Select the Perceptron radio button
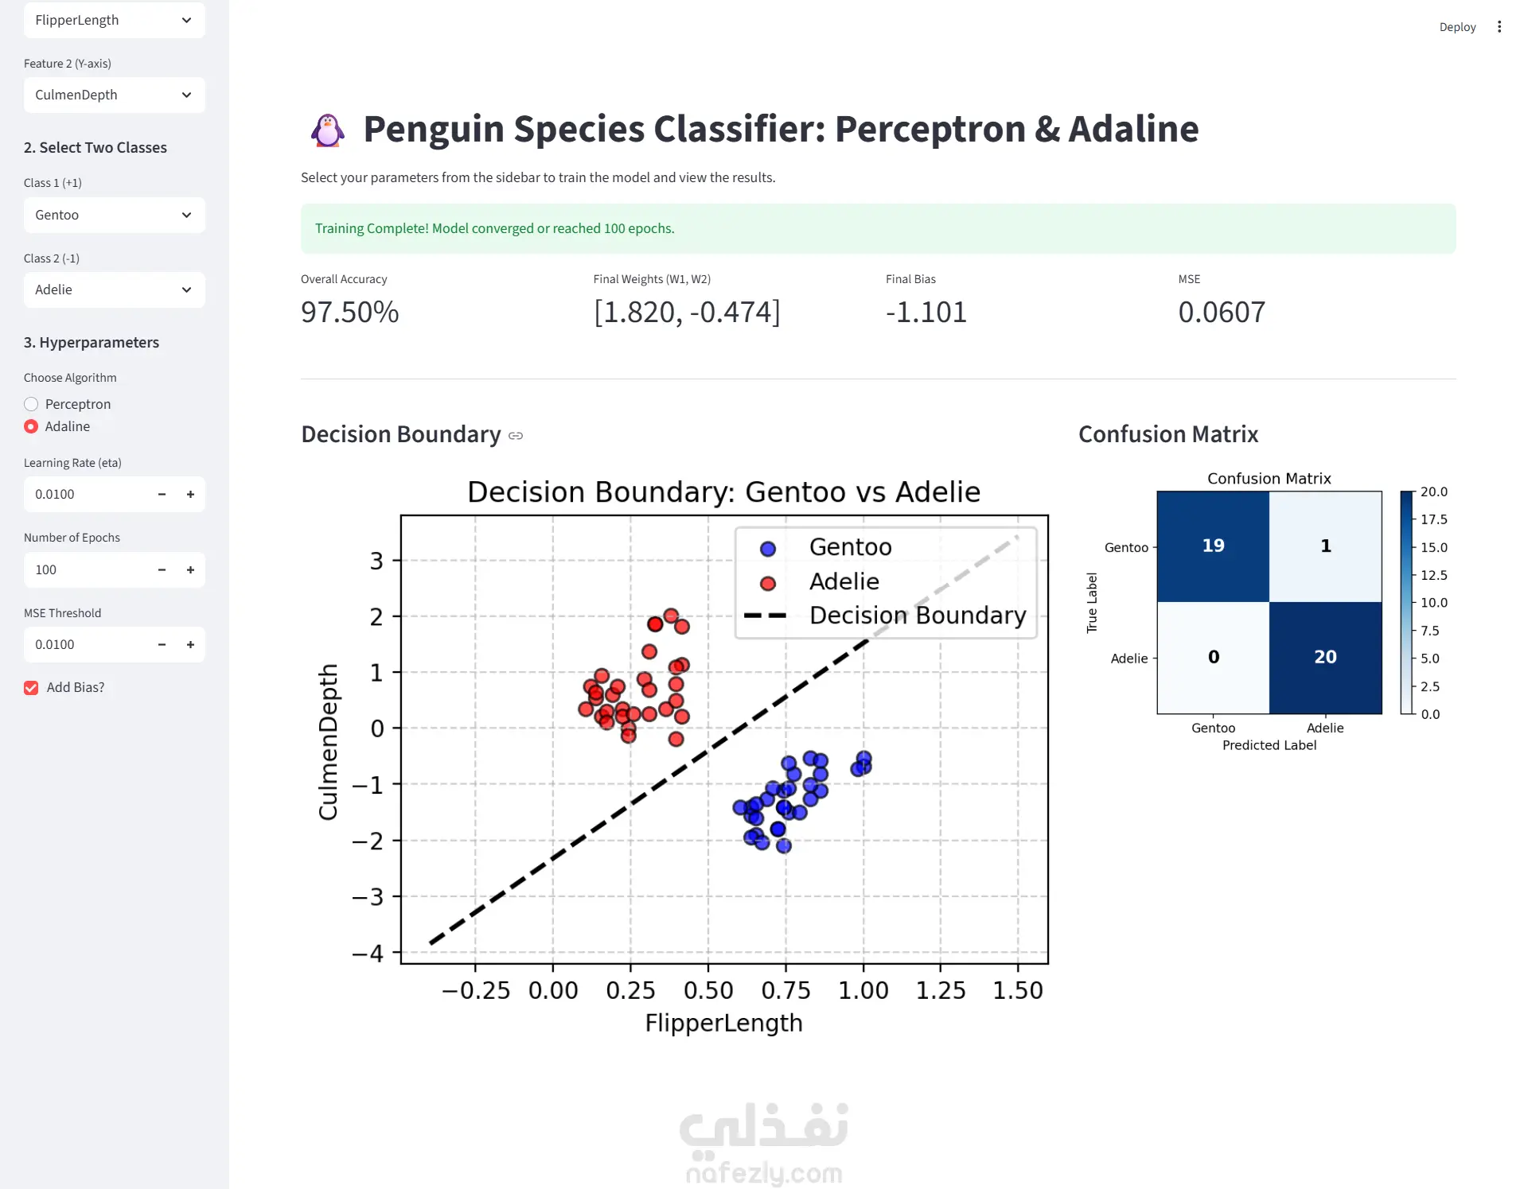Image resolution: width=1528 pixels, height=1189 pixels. (31, 404)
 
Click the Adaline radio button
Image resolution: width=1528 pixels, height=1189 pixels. (31, 426)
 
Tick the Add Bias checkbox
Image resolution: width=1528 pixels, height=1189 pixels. (31, 688)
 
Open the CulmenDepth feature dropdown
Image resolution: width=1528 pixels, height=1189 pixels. (115, 95)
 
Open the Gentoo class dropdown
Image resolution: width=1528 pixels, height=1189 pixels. (115, 215)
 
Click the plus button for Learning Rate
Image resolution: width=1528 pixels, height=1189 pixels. (190, 494)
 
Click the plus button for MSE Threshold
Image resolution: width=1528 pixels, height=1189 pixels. (190, 644)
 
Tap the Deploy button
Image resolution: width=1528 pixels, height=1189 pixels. (1457, 27)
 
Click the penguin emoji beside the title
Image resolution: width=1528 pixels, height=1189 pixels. (328, 130)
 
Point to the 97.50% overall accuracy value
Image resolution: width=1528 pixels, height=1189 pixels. (349, 312)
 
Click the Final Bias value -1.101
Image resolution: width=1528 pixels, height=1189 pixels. (926, 312)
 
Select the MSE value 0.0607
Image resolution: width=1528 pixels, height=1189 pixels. (1222, 312)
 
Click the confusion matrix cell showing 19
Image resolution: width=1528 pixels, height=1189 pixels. (1213, 546)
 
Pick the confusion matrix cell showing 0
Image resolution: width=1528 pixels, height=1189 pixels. (1213, 658)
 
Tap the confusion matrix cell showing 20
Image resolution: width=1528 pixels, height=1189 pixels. (1325, 658)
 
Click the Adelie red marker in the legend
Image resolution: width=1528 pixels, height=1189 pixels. (768, 584)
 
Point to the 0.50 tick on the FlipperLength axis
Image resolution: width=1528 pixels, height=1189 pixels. (708, 990)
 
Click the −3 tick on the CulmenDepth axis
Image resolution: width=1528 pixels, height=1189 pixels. (368, 897)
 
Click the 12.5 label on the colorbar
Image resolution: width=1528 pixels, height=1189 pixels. (1434, 575)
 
